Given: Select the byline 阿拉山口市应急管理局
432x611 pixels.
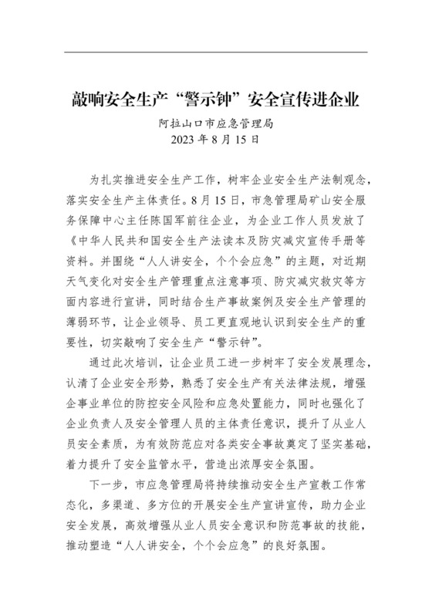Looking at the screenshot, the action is click(215, 123).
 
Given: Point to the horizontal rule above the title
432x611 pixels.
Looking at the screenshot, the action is click(215, 52).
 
